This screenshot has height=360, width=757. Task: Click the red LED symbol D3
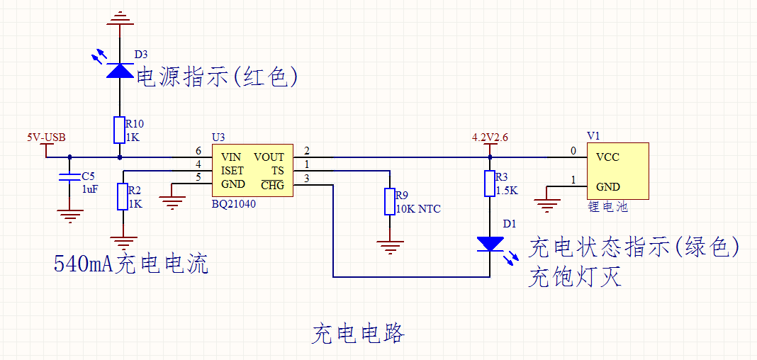click(x=120, y=70)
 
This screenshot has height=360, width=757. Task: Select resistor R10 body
click(x=120, y=130)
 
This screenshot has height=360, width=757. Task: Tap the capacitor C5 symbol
click(x=69, y=177)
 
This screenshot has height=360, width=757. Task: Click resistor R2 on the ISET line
click(x=123, y=196)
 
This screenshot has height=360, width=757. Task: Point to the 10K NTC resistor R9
click(x=389, y=201)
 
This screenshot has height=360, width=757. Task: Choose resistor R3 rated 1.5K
click(x=490, y=183)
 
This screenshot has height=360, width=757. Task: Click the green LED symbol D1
click(x=490, y=244)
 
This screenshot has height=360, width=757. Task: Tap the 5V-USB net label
click(x=46, y=137)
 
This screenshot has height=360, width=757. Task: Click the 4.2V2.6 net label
click(x=490, y=137)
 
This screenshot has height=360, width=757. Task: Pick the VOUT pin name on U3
click(x=269, y=157)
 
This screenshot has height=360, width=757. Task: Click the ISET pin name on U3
click(x=232, y=171)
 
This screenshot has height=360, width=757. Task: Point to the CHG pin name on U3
click(x=272, y=185)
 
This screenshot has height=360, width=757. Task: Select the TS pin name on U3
click(x=277, y=171)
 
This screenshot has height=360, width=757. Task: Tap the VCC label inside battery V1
click(x=607, y=157)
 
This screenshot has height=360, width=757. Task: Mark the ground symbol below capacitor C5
click(x=69, y=215)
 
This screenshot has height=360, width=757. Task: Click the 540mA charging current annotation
click(x=131, y=264)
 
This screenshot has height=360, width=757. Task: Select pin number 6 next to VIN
click(x=198, y=151)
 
